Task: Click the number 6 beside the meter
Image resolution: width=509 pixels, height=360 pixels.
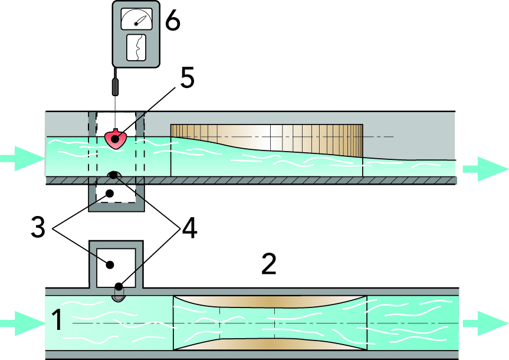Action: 173,22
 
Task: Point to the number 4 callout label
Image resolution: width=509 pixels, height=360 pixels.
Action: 189,228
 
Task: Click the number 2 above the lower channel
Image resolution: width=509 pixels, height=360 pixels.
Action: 269,266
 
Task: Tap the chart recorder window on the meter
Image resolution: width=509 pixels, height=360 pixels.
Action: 137,47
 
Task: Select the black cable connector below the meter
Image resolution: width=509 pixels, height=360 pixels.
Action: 116,86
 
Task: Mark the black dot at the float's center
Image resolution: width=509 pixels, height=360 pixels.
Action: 116,137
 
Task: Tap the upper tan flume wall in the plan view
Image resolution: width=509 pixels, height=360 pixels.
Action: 270,300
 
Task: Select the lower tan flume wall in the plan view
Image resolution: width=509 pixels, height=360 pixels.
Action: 270,346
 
